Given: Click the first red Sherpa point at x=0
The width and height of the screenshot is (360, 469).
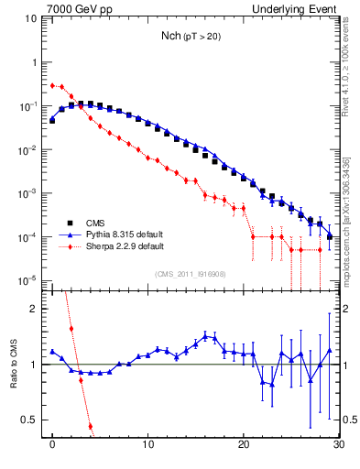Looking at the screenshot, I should pyautogui.click(x=52, y=85).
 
